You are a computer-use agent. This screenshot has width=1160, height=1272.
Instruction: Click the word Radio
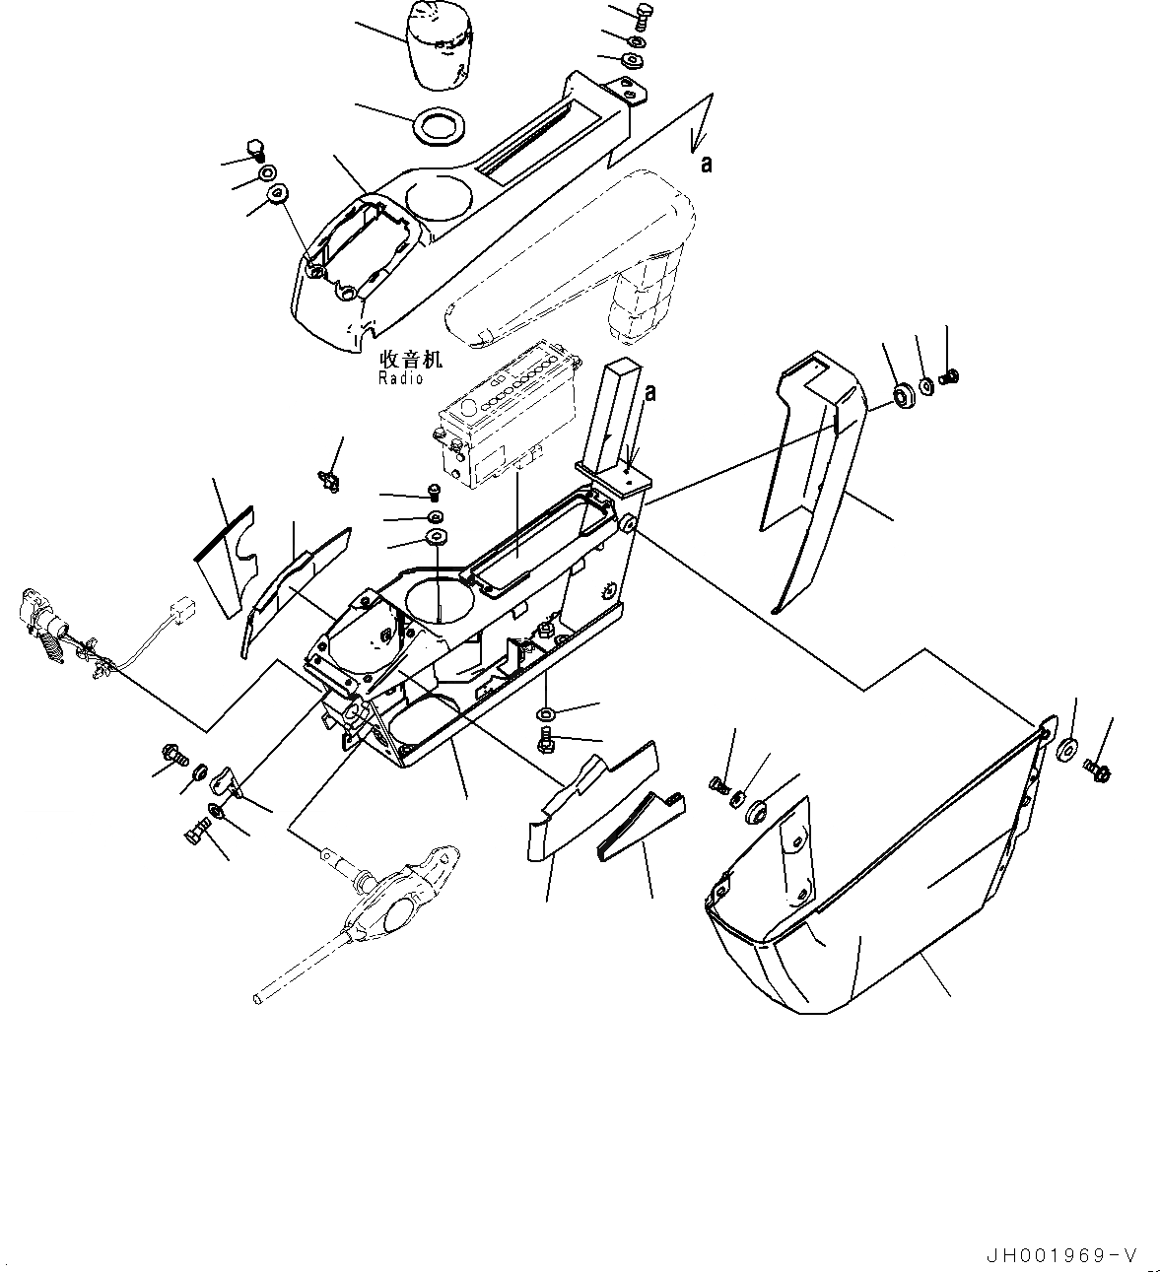401,378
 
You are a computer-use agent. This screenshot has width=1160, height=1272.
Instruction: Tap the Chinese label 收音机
401,361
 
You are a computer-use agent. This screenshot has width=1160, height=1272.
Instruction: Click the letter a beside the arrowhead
706,165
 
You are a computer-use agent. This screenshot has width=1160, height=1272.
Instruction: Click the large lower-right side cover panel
887,887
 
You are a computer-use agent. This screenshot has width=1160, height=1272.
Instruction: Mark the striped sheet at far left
222,557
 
